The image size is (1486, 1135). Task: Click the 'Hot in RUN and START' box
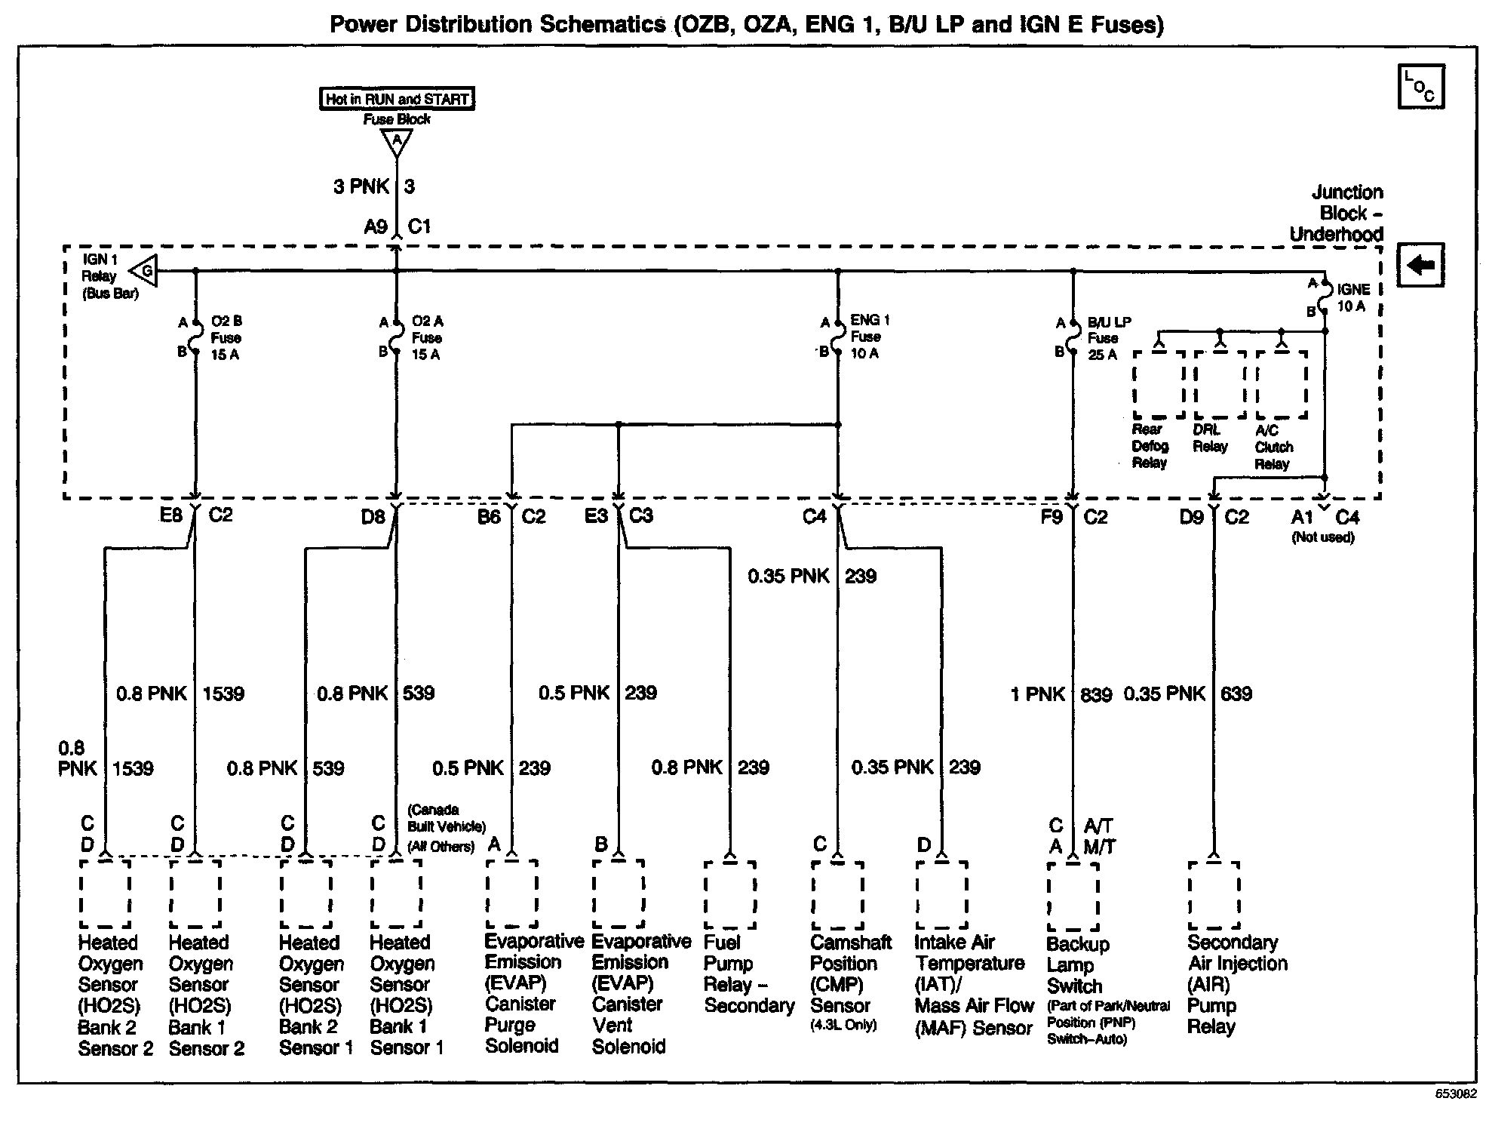[397, 99]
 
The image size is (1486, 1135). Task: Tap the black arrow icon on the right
[1420, 265]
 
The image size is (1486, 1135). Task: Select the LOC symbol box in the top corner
[1420, 87]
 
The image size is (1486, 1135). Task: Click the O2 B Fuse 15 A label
[226, 338]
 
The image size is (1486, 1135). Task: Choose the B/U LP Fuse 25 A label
[1109, 338]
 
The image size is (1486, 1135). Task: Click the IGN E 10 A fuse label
[1353, 297]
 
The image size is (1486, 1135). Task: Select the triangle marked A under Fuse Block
[397, 142]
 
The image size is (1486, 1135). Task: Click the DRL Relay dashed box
[1220, 384]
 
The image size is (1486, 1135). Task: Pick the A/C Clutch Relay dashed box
[1281, 384]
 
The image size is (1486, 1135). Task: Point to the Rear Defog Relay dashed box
[1159, 384]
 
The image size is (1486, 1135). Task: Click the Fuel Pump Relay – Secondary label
[748, 974]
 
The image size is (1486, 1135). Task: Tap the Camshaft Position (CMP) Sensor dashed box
[837, 895]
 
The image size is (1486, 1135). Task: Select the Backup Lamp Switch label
[1077, 965]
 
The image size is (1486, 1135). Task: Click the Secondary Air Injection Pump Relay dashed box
[1214, 895]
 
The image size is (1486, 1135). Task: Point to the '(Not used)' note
[1323, 537]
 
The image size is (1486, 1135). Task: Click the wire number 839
[1096, 694]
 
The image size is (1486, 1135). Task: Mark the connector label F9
[1051, 517]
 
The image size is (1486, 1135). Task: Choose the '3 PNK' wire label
[361, 186]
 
